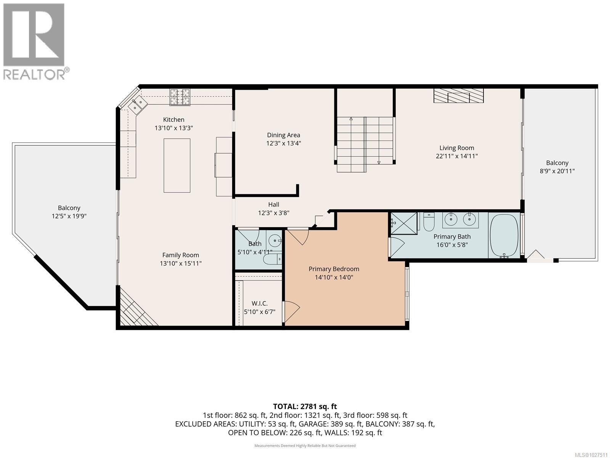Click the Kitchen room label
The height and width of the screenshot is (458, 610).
click(x=173, y=120)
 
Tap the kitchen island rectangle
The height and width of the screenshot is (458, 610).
click(x=177, y=165)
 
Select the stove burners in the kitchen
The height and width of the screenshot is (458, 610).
click(x=180, y=97)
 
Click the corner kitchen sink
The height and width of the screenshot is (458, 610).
click(x=138, y=104)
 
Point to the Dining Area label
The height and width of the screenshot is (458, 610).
click(x=283, y=135)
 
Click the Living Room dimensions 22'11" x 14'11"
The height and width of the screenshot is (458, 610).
click(x=456, y=156)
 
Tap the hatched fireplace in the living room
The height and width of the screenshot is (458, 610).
click(x=458, y=96)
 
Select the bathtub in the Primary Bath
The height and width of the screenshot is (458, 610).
click(x=504, y=236)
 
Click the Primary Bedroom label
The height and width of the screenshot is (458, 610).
click(x=334, y=269)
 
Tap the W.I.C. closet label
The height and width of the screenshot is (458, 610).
click(x=259, y=303)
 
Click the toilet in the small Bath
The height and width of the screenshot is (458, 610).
click(x=273, y=260)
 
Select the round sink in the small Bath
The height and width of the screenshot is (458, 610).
click(x=274, y=241)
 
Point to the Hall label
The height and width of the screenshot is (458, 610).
click(x=273, y=205)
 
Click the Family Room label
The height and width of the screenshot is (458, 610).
click(x=180, y=255)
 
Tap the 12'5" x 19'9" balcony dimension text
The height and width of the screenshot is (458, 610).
click(x=69, y=216)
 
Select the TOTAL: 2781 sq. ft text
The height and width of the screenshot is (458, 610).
click(x=305, y=406)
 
